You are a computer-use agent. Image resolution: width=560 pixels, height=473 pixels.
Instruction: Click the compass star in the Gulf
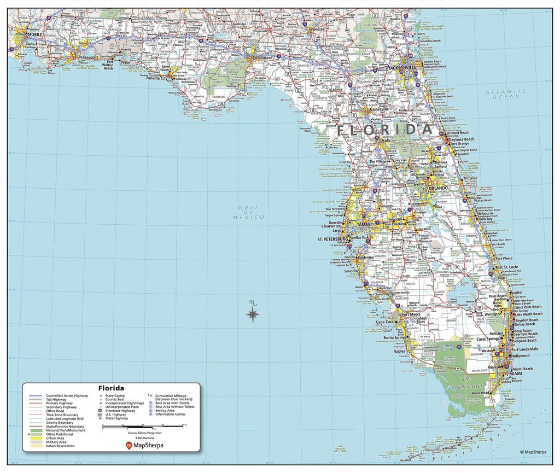point(253,314)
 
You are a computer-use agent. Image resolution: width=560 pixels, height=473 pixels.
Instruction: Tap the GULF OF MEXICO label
point(249,212)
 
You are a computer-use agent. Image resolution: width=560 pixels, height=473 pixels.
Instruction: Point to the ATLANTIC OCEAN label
point(506,94)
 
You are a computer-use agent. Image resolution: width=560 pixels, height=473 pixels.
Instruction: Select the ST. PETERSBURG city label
point(332,239)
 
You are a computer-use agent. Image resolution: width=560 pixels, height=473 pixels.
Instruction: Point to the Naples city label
point(399,351)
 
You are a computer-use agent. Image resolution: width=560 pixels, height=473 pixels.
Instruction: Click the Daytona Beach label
point(462,139)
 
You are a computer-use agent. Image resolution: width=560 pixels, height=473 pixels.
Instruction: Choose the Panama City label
point(156,79)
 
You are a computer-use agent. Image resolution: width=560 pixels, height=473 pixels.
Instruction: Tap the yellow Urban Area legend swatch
point(36,438)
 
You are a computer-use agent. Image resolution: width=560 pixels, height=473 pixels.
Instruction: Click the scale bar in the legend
point(144,426)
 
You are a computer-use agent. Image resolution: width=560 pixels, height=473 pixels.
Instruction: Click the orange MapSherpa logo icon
point(129,445)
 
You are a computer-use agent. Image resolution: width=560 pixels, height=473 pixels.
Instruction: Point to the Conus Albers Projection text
point(144,433)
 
